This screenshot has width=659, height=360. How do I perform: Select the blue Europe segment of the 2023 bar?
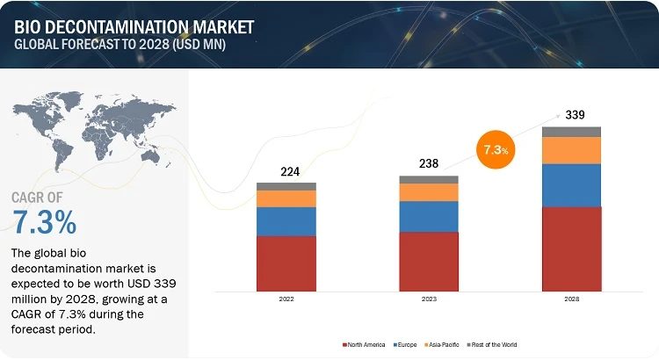click(429, 216)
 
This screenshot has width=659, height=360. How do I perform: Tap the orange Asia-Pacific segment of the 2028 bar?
click(571, 150)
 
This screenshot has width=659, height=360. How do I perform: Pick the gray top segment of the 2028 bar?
click(571, 132)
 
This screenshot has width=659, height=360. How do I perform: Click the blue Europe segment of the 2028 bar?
click(571, 185)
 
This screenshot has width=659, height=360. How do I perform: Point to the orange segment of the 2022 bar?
click(286, 198)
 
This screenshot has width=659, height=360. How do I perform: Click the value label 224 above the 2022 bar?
click(286, 172)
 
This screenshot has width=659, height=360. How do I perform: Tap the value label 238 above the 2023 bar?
click(429, 163)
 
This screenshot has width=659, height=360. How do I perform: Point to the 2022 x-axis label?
click(286, 299)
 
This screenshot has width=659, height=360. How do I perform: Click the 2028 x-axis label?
click(571, 299)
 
